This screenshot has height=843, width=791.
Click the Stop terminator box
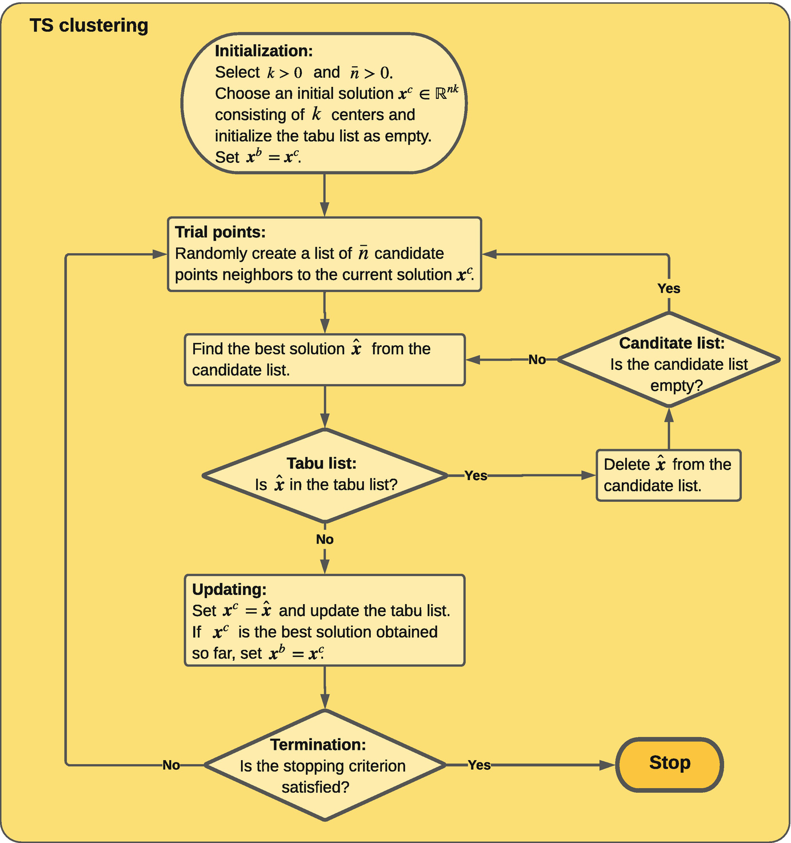click(x=669, y=764)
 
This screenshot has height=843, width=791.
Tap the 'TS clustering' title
click(x=89, y=26)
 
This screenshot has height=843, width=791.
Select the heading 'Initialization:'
click(x=263, y=51)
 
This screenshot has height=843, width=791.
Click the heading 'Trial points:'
click(x=220, y=232)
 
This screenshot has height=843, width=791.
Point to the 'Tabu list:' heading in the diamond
click(x=321, y=463)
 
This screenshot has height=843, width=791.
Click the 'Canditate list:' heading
click(x=672, y=343)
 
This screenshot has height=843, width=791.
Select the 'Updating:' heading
click(x=229, y=589)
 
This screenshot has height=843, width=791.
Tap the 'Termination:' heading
click(x=318, y=745)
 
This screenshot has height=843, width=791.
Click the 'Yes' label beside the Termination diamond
click(x=479, y=765)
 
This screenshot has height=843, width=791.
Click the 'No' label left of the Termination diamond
click(x=171, y=765)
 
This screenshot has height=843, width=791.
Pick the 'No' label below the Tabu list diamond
click(x=325, y=539)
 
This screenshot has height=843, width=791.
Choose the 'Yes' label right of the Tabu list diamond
click(x=476, y=476)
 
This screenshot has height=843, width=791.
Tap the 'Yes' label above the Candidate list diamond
click(x=669, y=288)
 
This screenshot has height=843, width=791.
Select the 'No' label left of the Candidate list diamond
click(x=537, y=359)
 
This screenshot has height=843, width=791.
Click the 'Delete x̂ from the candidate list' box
click(x=668, y=476)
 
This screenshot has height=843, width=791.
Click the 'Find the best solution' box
click(x=325, y=359)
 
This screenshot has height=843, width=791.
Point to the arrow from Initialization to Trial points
click(x=325, y=195)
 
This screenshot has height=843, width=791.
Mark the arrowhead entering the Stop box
click(x=607, y=765)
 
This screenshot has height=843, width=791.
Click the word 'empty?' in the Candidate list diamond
click(x=676, y=386)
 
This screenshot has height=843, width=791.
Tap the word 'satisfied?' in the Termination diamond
click(x=315, y=787)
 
